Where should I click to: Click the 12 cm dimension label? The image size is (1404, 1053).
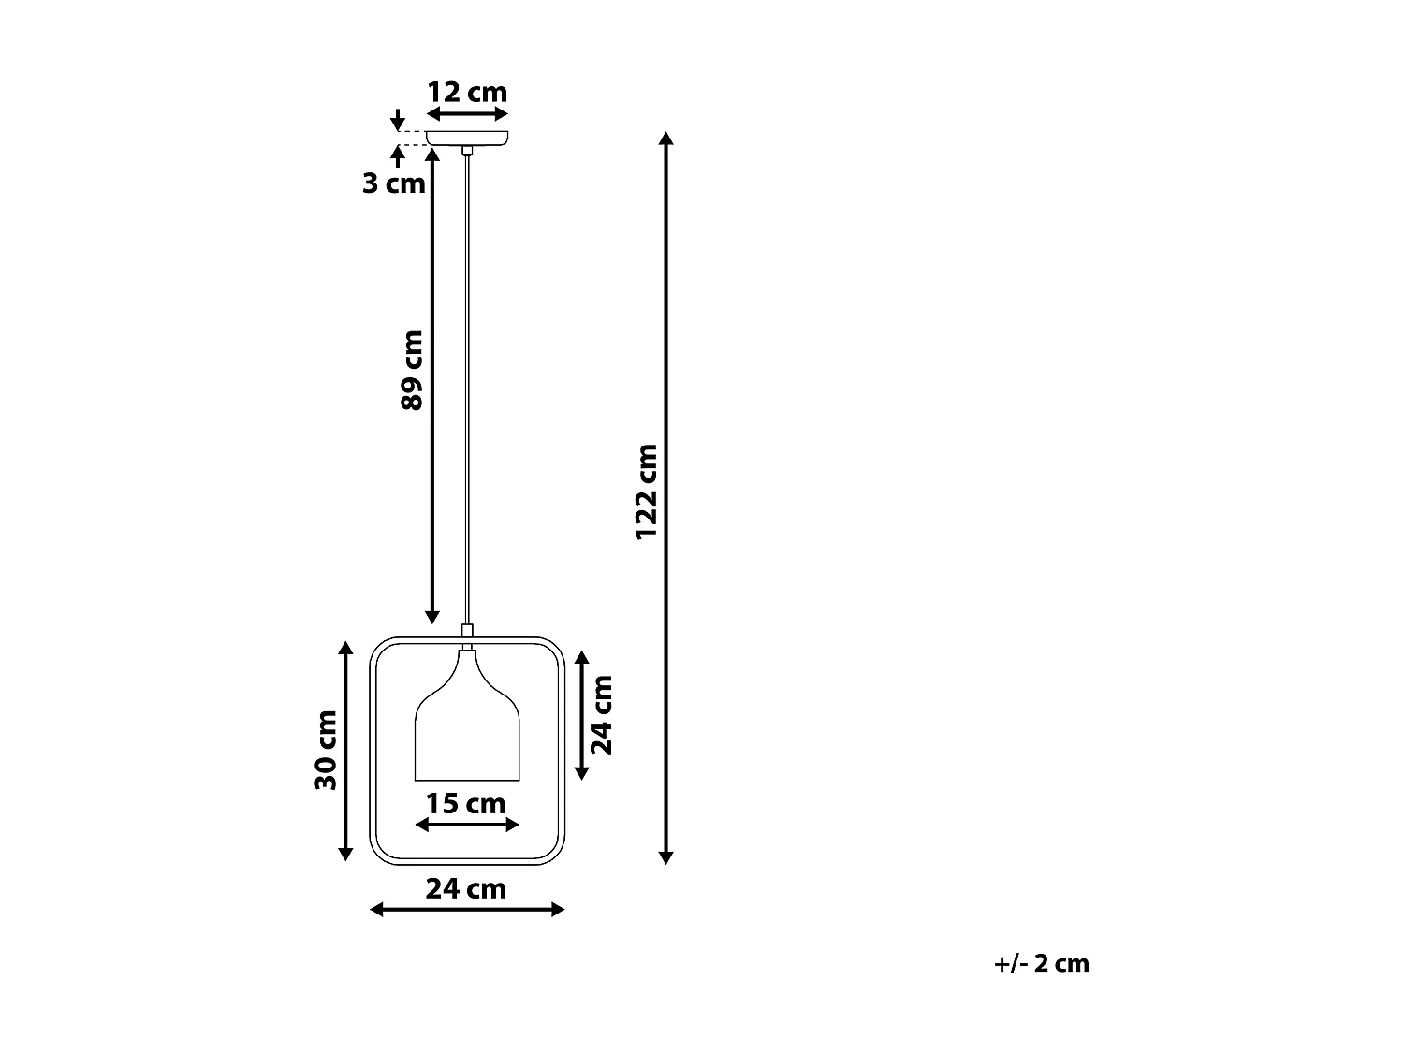click(467, 93)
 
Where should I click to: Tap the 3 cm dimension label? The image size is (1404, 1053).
click(394, 183)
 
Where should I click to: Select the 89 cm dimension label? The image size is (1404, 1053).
click(412, 370)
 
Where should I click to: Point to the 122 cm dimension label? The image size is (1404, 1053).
click(647, 491)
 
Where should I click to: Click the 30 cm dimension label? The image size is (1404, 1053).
click(326, 750)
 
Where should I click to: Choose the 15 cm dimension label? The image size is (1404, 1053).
click(466, 804)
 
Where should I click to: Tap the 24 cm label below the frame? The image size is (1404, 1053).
click(466, 888)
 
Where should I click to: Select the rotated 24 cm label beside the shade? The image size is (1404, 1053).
click(602, 715)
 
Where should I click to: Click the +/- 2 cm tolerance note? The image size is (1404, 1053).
click(1042, 963)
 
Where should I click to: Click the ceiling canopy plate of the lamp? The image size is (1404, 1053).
click(467, 138)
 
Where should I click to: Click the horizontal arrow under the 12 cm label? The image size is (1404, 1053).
click(467, 113)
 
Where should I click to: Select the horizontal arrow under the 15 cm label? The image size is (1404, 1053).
click(466, 825)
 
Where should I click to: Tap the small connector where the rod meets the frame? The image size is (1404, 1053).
click(467, 632)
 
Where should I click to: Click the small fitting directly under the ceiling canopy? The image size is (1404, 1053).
click(467, 150)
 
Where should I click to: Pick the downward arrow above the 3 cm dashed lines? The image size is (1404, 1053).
click(398, 120)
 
